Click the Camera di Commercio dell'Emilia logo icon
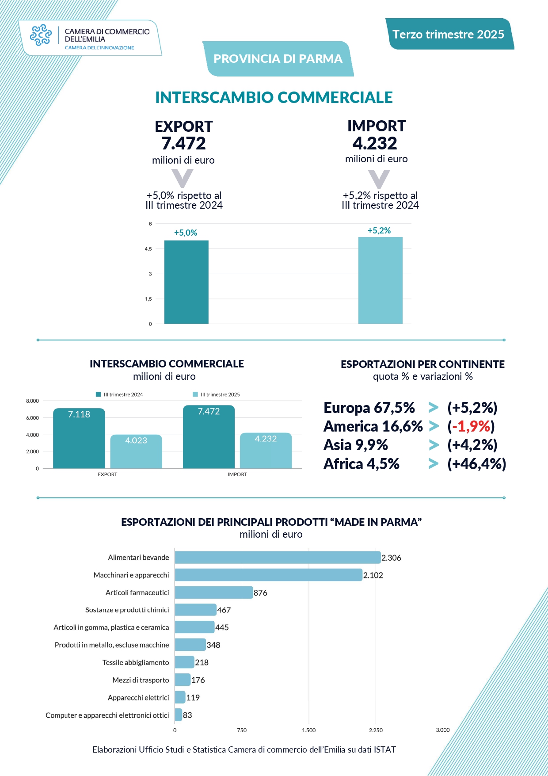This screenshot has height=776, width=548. pyautogui.click(x=41, y=35)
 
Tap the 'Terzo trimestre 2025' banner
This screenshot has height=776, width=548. pyautogui.click(x=448, y=34)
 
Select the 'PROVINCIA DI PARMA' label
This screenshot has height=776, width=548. pyautogui.click(x=278, y=59)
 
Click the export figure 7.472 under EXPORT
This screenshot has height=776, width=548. pyautogui.click(x=183, y=143)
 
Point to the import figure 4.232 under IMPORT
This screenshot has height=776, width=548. pyautogui.click(x=375, y=143)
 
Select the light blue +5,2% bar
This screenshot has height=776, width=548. pyautogui.click(x=380, y=280)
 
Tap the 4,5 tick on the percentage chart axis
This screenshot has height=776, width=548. pyautogui.click(x=148, y=249)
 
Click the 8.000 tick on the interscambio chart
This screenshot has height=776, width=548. pyautogui.click(x=33, y=401)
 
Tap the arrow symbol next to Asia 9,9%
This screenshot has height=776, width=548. pyautogui.click(x=434, y=445)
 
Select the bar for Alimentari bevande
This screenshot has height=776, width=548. pyautogui.click(x=278, y=558)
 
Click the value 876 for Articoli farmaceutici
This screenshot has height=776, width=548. pyautogui.click(x=260, y=593)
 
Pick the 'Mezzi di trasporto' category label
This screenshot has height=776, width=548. pyautogui.click(x=141, y=680)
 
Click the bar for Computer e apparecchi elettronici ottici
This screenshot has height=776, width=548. pyautogui.click(x=179, y=715)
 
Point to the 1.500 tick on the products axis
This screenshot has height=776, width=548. pyautogui.click(x=308, y=730)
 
